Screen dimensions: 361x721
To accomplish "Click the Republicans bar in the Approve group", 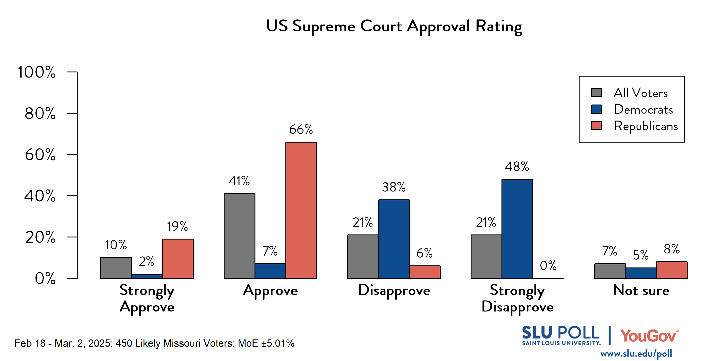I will point(301,210).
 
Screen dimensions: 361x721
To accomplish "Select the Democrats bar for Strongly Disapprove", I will point(517,229).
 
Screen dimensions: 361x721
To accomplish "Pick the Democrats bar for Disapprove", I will point(393,239).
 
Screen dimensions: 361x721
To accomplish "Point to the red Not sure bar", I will point(672,270).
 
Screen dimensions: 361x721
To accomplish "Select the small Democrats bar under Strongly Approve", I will point(147,276).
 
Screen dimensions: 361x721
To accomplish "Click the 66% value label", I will point(301,130).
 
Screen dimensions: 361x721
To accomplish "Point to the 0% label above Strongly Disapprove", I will point(548,265).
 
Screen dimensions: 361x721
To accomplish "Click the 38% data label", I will point(393,187).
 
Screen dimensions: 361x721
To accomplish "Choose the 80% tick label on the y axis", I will point(40,113).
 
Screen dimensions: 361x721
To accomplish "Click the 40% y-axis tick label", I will point(40,196).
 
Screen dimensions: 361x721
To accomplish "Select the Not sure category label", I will point(641,290).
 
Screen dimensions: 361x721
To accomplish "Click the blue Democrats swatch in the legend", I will point(596,109).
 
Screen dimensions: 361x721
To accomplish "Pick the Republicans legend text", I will point(646,126).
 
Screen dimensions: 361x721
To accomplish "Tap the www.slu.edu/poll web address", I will point(636,354).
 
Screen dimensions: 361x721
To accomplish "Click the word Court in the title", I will point(381,26).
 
